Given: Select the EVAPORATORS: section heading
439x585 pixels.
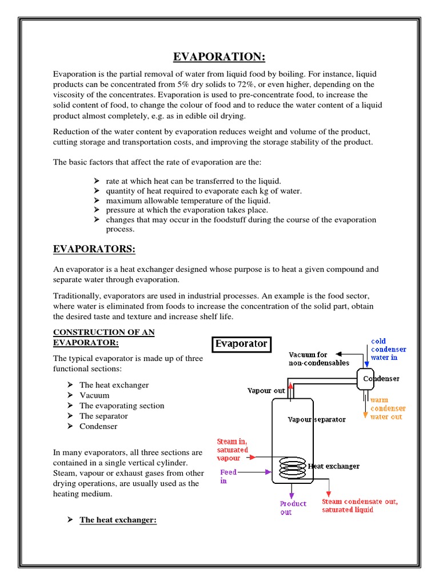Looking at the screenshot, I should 94,249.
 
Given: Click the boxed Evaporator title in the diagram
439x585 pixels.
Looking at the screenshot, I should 241,344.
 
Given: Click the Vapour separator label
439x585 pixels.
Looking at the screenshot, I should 316,419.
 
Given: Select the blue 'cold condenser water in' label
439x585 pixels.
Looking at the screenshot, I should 389,349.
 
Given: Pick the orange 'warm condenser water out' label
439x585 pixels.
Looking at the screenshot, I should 388,408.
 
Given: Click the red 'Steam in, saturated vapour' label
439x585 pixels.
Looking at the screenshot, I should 233,450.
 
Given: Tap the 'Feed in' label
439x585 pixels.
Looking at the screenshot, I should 228,477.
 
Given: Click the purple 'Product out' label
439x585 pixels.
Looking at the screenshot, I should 293,508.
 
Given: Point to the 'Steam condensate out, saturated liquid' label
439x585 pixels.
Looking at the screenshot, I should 360,506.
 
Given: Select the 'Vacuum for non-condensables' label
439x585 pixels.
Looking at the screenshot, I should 318,359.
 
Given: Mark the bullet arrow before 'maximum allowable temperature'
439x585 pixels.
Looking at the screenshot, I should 97,201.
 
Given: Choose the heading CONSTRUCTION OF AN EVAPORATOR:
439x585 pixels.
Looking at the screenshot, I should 103,337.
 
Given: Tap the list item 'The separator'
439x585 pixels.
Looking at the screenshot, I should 103,416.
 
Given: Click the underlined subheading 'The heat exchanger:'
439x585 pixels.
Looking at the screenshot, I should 118,520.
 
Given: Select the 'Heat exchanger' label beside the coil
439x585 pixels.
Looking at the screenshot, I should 334,466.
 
